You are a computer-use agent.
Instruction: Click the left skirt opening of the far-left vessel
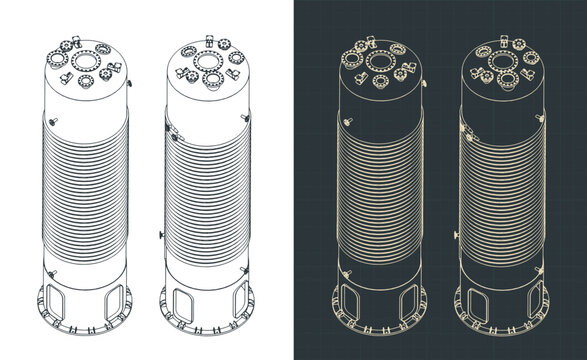(56, 301)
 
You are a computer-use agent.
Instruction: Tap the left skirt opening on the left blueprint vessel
(350, 301)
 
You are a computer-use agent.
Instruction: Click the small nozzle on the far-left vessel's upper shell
(56, 121)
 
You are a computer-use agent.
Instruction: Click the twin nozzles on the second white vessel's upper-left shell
(172, 132)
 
